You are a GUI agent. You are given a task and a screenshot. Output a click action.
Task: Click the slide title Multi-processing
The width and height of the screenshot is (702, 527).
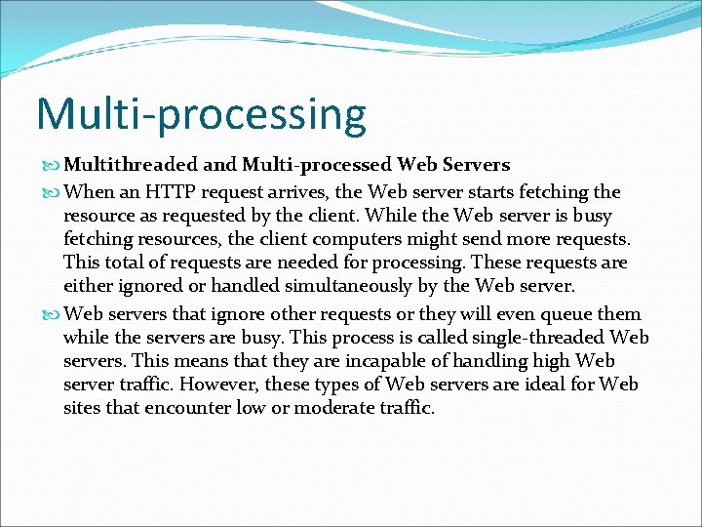[x=201, y=115]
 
